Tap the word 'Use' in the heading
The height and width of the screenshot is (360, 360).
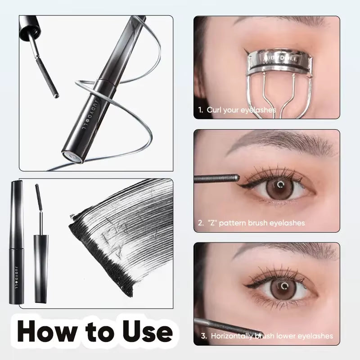[145, 332]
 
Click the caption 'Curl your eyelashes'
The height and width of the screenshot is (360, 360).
[241, 109]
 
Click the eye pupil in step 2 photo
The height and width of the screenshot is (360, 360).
[281, 184]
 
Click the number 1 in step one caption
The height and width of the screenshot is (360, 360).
[200, 109]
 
